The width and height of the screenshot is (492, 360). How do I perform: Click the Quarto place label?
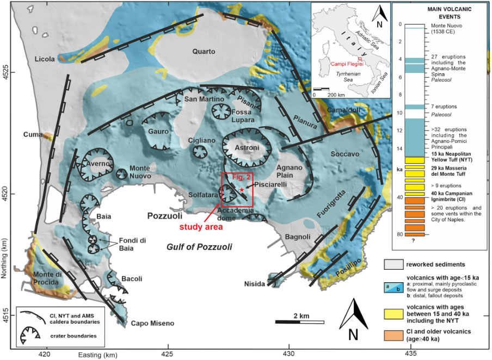pos(204,52)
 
